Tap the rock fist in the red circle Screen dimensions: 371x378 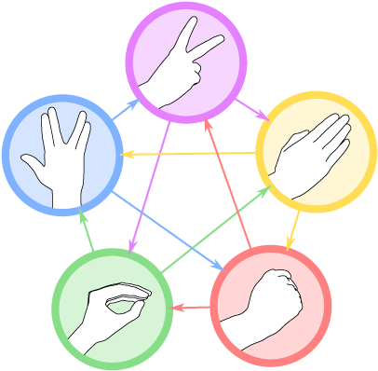(x=271, y=304)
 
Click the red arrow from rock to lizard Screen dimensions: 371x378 (x=192, y=306)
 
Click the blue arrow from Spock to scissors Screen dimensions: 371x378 (x=126, y=113)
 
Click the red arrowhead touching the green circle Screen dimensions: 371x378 (x=177, y=307)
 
